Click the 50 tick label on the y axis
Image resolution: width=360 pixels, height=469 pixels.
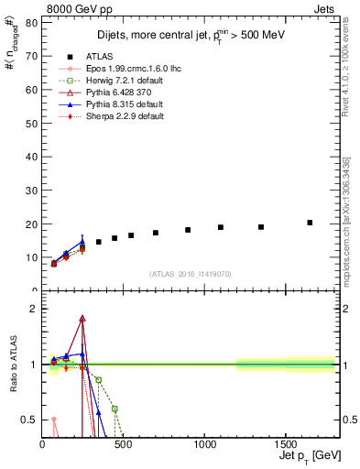(35, 123)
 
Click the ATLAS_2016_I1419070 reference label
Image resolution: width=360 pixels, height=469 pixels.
(191, 274)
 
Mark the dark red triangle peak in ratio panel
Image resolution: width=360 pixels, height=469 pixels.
(82, 319)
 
